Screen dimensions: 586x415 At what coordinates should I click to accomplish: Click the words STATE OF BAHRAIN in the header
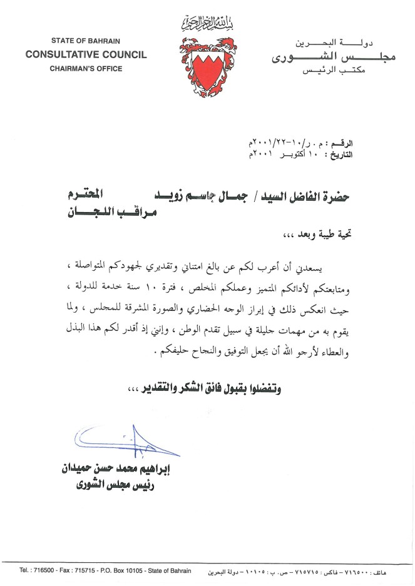point(86,41)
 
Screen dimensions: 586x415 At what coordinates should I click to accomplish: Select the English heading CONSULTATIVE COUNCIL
point(86,54)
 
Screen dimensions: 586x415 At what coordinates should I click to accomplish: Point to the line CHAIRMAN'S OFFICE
point(86,68)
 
